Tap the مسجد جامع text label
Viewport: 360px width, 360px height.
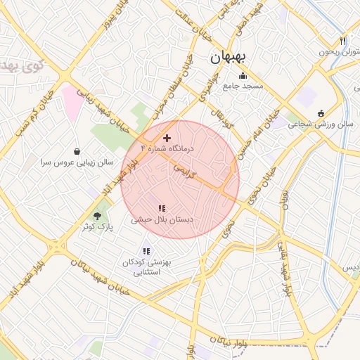point(243,86)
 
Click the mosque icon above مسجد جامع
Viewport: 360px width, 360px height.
point(243,76)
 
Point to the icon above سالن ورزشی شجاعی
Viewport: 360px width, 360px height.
point(321,113)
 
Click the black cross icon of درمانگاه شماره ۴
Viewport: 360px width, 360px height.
point(167,139)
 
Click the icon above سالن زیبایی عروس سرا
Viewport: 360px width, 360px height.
point(77,151)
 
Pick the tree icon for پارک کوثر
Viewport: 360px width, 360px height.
point(98,216)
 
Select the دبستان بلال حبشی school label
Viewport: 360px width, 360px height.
point(162,219)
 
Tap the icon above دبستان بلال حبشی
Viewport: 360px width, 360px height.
point(162,209)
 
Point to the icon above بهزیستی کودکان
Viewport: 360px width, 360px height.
point(146,251)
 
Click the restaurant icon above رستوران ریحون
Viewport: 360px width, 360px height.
point(343,41)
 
